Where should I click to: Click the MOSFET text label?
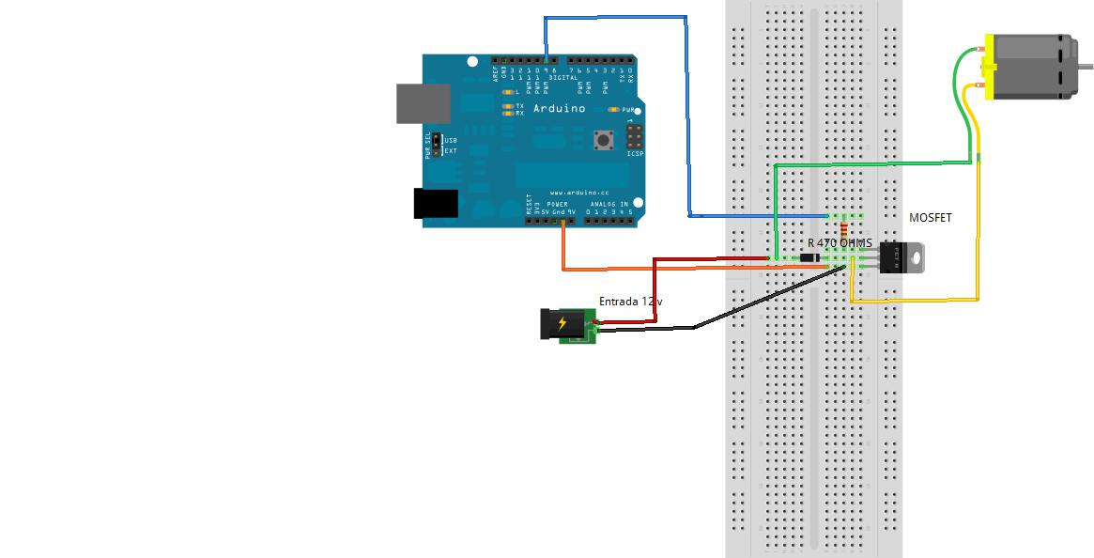click(x=930, y=218)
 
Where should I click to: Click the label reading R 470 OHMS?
click(x=840, y=243)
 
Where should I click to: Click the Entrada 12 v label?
click(x=630, y=302)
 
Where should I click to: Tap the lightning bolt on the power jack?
click(x=562, y=324)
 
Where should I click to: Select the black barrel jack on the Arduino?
click(x=436, y=204)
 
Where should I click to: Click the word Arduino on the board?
click(x=559, y=109)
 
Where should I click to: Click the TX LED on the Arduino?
click(x=508, y=106)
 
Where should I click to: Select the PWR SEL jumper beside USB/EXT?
click(x=437, y=146)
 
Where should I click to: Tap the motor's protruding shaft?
click(x=1085, y=66)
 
